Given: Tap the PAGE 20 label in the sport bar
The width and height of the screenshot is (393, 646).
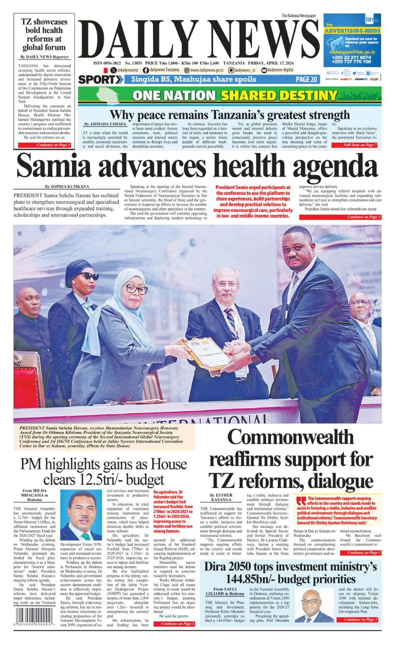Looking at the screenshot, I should point(306,79).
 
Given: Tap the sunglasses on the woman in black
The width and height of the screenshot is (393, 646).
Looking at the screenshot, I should point(90,276).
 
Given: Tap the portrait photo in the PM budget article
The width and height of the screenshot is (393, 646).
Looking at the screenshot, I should point(81,515).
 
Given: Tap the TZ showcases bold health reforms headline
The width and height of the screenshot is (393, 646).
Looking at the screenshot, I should point(44,35).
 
